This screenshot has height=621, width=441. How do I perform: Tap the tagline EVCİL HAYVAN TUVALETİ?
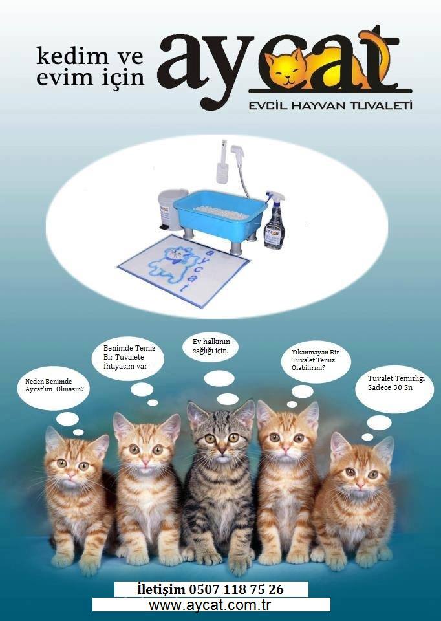tap(330, 105)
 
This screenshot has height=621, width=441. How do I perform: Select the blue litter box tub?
tap(220, 214)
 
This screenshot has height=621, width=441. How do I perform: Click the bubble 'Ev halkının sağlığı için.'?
tap(210, 346)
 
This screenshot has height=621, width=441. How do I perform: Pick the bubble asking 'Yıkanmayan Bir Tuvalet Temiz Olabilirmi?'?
tap(316, 360)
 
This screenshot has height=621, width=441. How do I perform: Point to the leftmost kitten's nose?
tap(71, 474)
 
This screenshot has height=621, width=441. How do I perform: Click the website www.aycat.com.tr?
tap(210, 605)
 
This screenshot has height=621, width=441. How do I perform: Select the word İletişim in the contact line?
tap(161, 589)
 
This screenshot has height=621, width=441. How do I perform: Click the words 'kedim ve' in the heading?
tap(89, 56)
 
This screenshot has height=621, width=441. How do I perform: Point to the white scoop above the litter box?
tap(222, 162)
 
